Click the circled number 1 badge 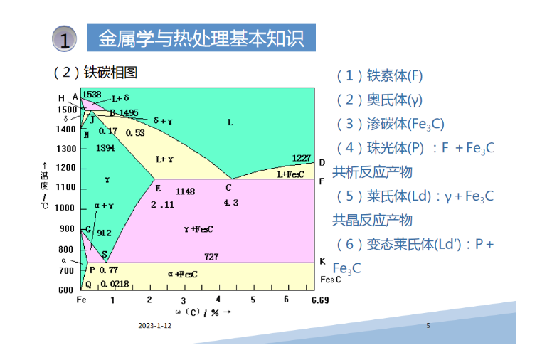65,38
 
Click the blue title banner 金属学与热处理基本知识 201,38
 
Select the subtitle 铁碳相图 110,73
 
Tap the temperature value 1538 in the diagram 92,95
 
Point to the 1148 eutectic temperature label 185,191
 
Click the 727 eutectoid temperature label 211,256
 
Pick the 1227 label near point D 302,158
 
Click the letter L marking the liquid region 230,122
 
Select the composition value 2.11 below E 162,205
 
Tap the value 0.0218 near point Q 115,284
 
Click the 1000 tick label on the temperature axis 65,208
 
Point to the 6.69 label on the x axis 320,300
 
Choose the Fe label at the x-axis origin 81,300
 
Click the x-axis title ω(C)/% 203,312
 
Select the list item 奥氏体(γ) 379,100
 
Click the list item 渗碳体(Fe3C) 390,124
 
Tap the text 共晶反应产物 372,220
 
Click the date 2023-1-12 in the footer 155,325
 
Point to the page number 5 428,325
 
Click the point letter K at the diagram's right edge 322,261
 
